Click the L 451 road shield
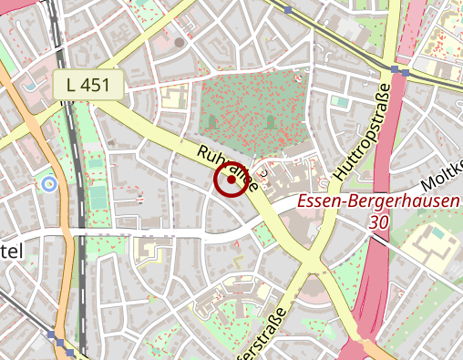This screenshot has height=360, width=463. click(87, 86)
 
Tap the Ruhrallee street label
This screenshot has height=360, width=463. click(229, 166)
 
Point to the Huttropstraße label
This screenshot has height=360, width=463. click(364, 131)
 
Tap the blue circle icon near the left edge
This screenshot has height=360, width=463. click(49, 184)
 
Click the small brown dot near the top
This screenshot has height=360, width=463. click(180, 42)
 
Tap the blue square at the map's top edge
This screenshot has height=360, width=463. click(288, 10)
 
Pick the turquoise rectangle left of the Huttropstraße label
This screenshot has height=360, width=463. click(340, 102)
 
